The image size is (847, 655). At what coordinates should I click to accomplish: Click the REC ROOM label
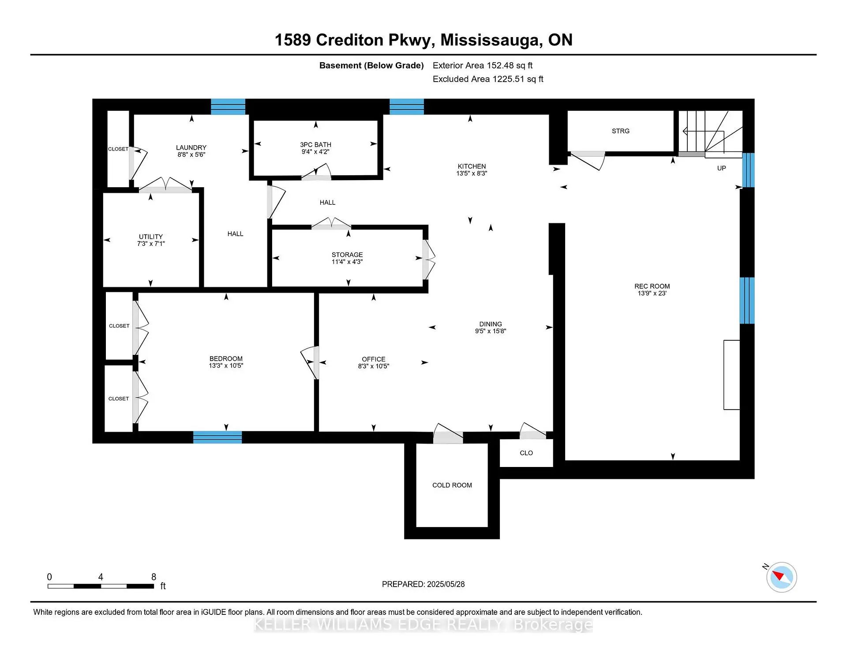(652, 286)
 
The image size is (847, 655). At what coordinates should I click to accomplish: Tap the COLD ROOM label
(452, 485)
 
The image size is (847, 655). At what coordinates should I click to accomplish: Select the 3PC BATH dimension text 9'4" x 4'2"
(315, 152)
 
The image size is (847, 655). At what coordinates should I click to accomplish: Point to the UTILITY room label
(151, 237)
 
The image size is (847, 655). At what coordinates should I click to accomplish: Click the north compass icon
(781, 577)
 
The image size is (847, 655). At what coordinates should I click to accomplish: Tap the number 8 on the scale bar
(154, 577)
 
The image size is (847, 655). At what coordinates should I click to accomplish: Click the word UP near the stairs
(721, 168)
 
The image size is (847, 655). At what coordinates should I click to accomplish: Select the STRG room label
(620, 131)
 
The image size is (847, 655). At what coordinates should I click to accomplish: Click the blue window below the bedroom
(217, 437)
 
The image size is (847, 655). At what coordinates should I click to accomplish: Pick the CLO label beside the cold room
(526, 453)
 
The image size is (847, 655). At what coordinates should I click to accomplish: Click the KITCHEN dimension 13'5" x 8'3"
(472, 173)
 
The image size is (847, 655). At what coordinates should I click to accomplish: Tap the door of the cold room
(448, 434)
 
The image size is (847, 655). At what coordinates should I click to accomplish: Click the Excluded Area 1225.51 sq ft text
(487, 79)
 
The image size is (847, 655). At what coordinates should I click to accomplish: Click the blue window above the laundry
(228, 107)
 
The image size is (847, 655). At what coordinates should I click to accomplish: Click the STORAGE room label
(347, 255)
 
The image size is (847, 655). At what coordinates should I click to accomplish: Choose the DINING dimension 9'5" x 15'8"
(490, 331)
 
